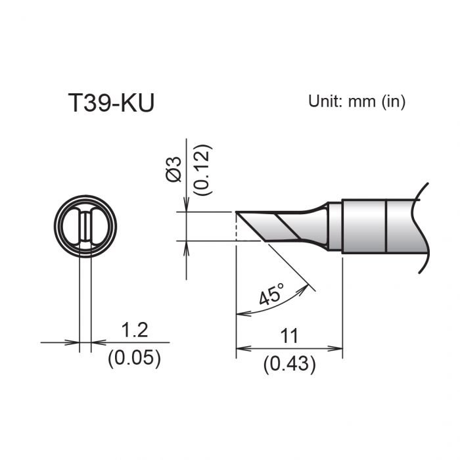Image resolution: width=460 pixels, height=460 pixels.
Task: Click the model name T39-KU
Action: tap(111, 104)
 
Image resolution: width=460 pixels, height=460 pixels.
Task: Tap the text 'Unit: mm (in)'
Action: tap(357, 101)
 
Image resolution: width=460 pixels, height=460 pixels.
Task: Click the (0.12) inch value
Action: tap(203, 169)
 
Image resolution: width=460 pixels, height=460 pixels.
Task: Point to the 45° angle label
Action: tap(271, 295)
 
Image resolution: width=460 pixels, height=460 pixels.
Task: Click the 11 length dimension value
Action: tap(289, 336)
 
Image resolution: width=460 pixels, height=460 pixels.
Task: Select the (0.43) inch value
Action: tap(289, 363)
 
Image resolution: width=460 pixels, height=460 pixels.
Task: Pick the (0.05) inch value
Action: tap(133, 359)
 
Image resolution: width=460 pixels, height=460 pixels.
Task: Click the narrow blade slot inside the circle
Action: tap(86, 227)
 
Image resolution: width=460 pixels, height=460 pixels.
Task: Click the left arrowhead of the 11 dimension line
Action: tap(241, 348)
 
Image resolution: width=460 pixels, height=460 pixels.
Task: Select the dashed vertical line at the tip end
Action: tap(235, 227)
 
